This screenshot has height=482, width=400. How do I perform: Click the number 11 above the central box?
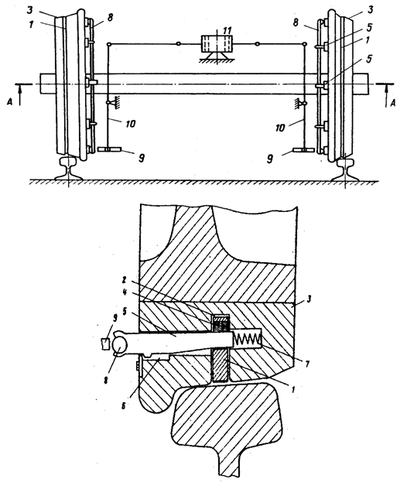point(227,30)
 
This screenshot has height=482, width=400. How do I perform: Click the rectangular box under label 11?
point(217,44)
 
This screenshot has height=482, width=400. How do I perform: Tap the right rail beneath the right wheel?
point(346,170)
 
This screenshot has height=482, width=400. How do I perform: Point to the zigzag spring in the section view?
point(247,339)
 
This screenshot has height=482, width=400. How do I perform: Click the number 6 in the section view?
point(124,405)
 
